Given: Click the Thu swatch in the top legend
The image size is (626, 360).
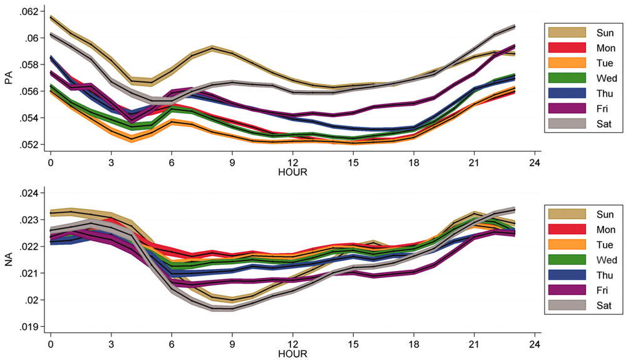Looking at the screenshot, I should [x=567, y=93].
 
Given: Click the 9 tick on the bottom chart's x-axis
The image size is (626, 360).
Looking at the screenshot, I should [x=232, y=343].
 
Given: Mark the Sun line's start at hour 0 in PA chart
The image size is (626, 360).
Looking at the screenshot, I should [x=51, y=18].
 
